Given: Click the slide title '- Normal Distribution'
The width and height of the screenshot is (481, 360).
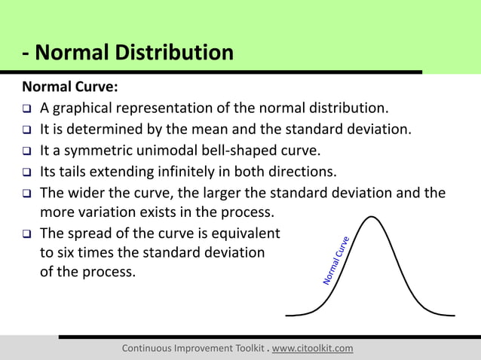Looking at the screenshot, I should tap(127, 53).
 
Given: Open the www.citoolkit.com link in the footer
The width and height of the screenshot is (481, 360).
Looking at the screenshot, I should tap(312, 348).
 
